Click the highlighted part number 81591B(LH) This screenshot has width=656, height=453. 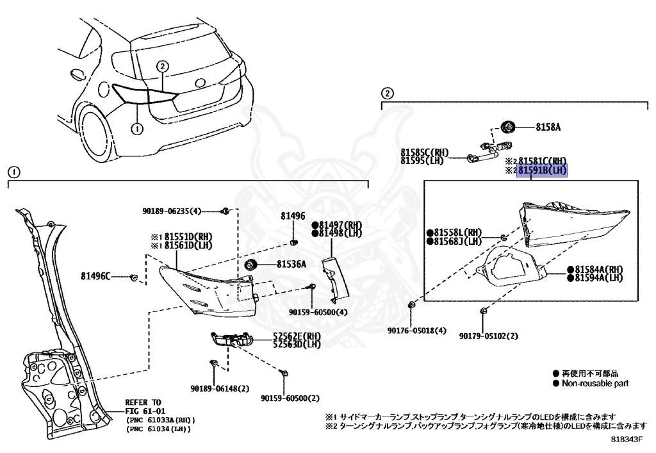point(543,170)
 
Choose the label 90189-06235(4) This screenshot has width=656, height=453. point(171,211)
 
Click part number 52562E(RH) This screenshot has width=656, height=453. point(297,336)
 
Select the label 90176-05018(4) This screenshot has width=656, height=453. point(417,331)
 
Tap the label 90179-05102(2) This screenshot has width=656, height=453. point(488,335)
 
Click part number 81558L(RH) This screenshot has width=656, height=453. point(457,233)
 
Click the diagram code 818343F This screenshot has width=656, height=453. point(626,440)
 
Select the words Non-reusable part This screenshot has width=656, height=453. point(595,383)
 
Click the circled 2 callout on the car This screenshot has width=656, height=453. point(163,66)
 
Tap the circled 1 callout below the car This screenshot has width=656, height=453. point(136,128)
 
